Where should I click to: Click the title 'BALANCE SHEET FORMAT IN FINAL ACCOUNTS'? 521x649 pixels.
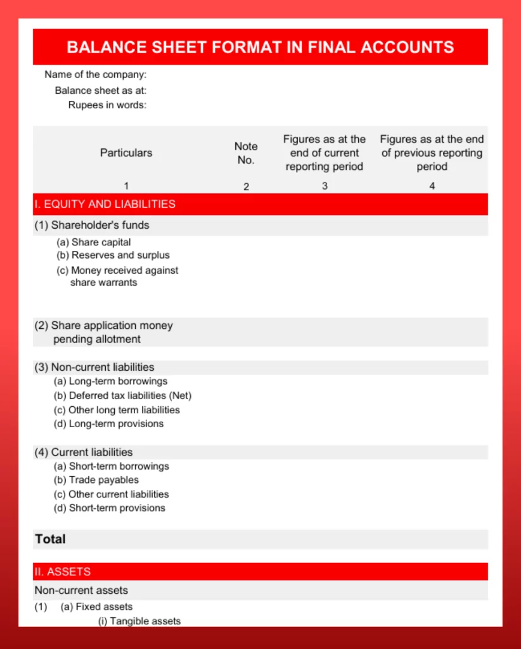point(260,47)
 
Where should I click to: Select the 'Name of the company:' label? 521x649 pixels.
point(95,75)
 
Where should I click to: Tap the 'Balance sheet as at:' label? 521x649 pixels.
point(100,90)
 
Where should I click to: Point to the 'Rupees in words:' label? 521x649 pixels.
point(107,105)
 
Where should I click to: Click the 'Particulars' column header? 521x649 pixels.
point(126,153)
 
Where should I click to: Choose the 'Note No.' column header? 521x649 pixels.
point(246,153)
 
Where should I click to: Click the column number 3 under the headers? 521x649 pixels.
point(325,186)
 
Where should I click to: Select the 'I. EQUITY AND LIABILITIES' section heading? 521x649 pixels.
point(105,204)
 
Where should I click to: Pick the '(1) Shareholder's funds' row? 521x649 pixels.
point(92,225)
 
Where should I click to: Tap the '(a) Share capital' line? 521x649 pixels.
point(94,242)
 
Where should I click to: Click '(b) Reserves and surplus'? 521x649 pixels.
point(113,255)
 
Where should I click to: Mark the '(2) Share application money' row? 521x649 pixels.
point(104,326)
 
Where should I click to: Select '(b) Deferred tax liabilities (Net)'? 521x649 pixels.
point(122,395)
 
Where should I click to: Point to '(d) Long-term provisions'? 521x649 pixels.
point(108,424)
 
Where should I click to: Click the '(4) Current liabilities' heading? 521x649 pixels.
point(84,453)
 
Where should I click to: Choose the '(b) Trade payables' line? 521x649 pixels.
point(96,480)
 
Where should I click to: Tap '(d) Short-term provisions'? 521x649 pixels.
point(109,508)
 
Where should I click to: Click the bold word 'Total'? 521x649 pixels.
point(51,539)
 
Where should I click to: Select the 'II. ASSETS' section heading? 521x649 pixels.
point(63,572)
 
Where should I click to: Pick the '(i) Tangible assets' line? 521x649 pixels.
point(139,621)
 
